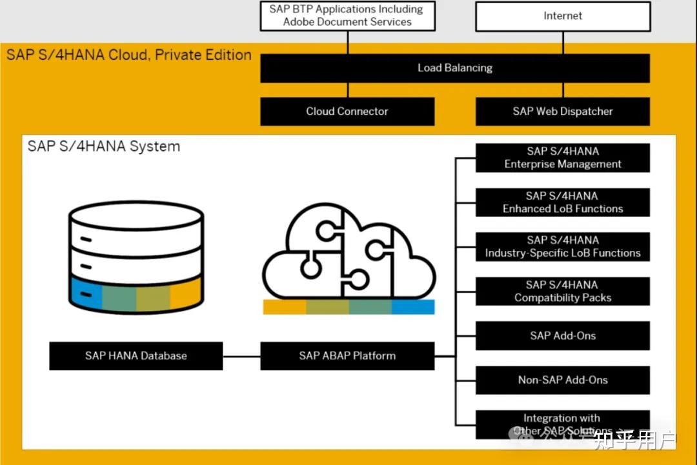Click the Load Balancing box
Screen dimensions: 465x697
coord(454,68)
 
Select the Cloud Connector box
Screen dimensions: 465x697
coord(347,111)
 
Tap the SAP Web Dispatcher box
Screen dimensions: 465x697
coord(562,111)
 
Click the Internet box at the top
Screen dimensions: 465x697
coord(562,16)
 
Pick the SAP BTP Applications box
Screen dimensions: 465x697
coord(347,16)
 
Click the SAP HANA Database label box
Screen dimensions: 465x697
coord(136,355)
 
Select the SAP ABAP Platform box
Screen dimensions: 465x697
coord(347,355)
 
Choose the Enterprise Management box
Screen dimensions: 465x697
coord(562,158)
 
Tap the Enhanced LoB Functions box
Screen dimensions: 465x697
coord(562,203)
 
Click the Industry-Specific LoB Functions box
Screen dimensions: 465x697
coord(562,247)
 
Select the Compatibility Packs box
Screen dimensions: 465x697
coord(562,292)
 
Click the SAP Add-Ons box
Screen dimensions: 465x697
coord(562,335)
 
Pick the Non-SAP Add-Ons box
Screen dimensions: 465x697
coord(562,380)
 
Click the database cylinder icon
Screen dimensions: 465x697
coord(136,255)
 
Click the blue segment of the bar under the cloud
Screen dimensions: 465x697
coord(413,307)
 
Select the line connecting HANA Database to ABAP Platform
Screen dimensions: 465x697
coord(241,355)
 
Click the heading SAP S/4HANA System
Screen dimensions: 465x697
coord(104,146)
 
